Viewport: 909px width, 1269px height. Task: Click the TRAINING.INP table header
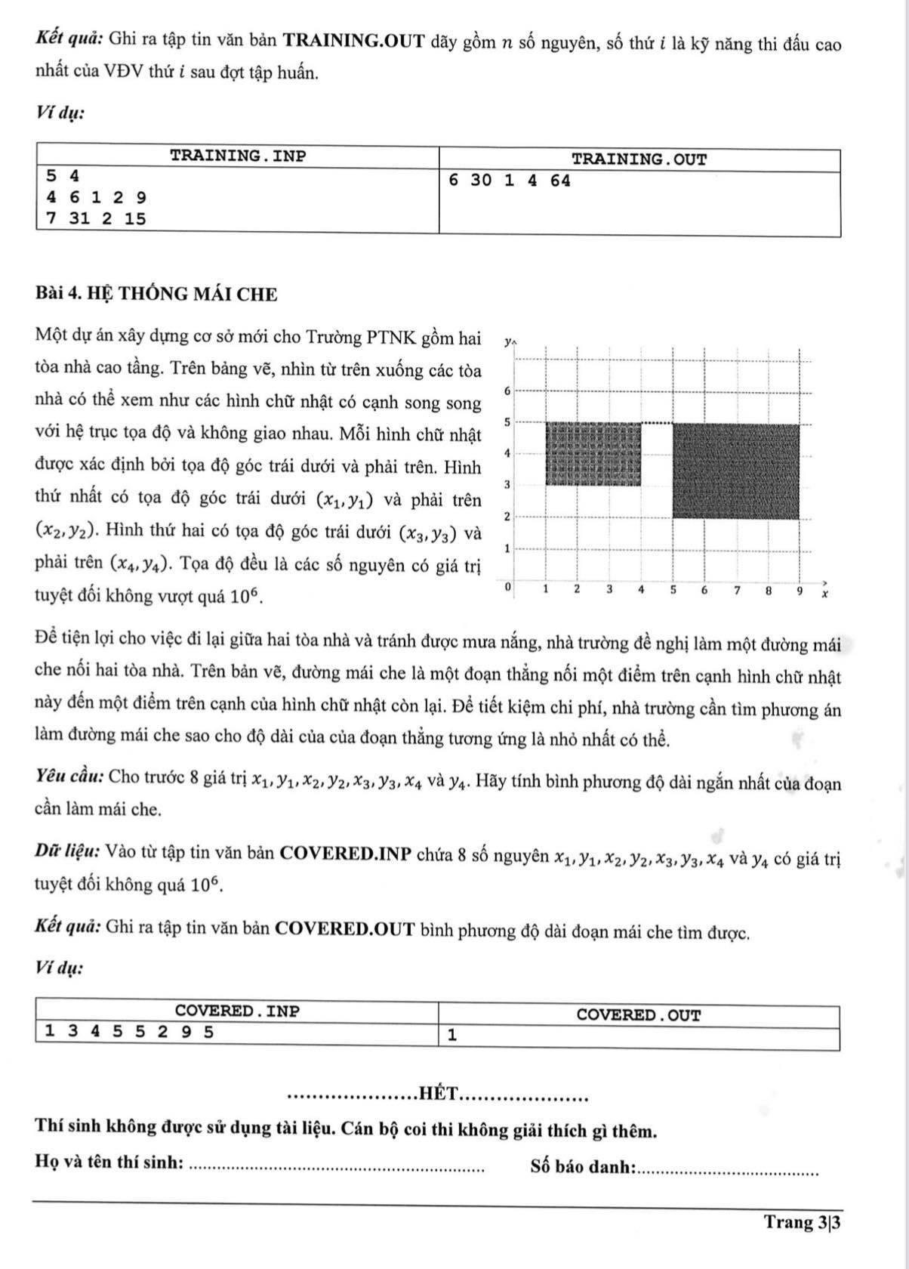pos(238,157)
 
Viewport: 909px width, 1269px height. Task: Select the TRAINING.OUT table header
pos(639,159)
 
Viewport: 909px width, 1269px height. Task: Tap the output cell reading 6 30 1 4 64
pos(509,181)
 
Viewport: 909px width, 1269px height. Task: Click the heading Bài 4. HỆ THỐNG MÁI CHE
pos(156,295)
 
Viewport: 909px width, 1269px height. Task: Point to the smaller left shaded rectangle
pos(593,454)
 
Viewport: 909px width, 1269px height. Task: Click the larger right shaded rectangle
pos(735,471)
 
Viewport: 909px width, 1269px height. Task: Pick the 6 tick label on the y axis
pos(507,390)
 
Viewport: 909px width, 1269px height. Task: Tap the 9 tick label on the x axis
pos(800,591)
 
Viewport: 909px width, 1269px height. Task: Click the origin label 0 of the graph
pos(508,586)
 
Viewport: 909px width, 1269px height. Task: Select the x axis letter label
pos(824,594)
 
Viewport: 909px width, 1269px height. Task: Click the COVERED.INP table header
pos(237,1011)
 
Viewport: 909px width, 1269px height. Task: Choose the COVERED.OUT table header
pos(639,1015)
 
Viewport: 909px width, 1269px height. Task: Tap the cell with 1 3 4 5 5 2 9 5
pos(129,1031)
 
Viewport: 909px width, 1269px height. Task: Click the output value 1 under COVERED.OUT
pos(451,1036)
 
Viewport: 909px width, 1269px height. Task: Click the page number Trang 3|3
pos(802,1222)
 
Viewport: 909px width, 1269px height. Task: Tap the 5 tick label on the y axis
pos(507,421)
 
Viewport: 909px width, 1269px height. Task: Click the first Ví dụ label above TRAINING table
pos(60,113)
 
